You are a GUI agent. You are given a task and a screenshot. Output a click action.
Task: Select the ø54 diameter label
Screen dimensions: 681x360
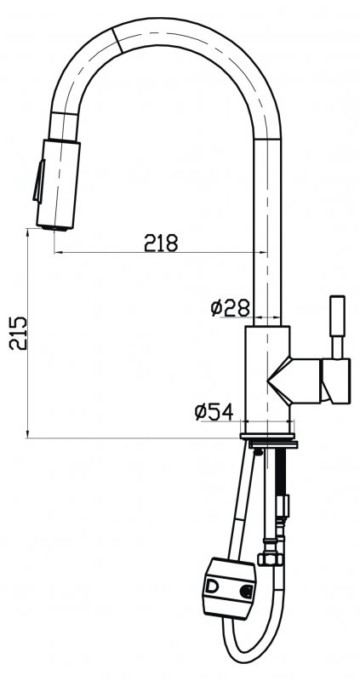(x=214, y=412)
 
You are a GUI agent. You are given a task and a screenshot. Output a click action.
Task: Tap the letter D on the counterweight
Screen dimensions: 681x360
(x=212, y=587)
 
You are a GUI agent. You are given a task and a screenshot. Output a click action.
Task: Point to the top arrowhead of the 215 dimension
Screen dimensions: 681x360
(x=29, y=238)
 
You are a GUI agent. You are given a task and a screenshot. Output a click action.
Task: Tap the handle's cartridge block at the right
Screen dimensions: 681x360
(x=335, y=380)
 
